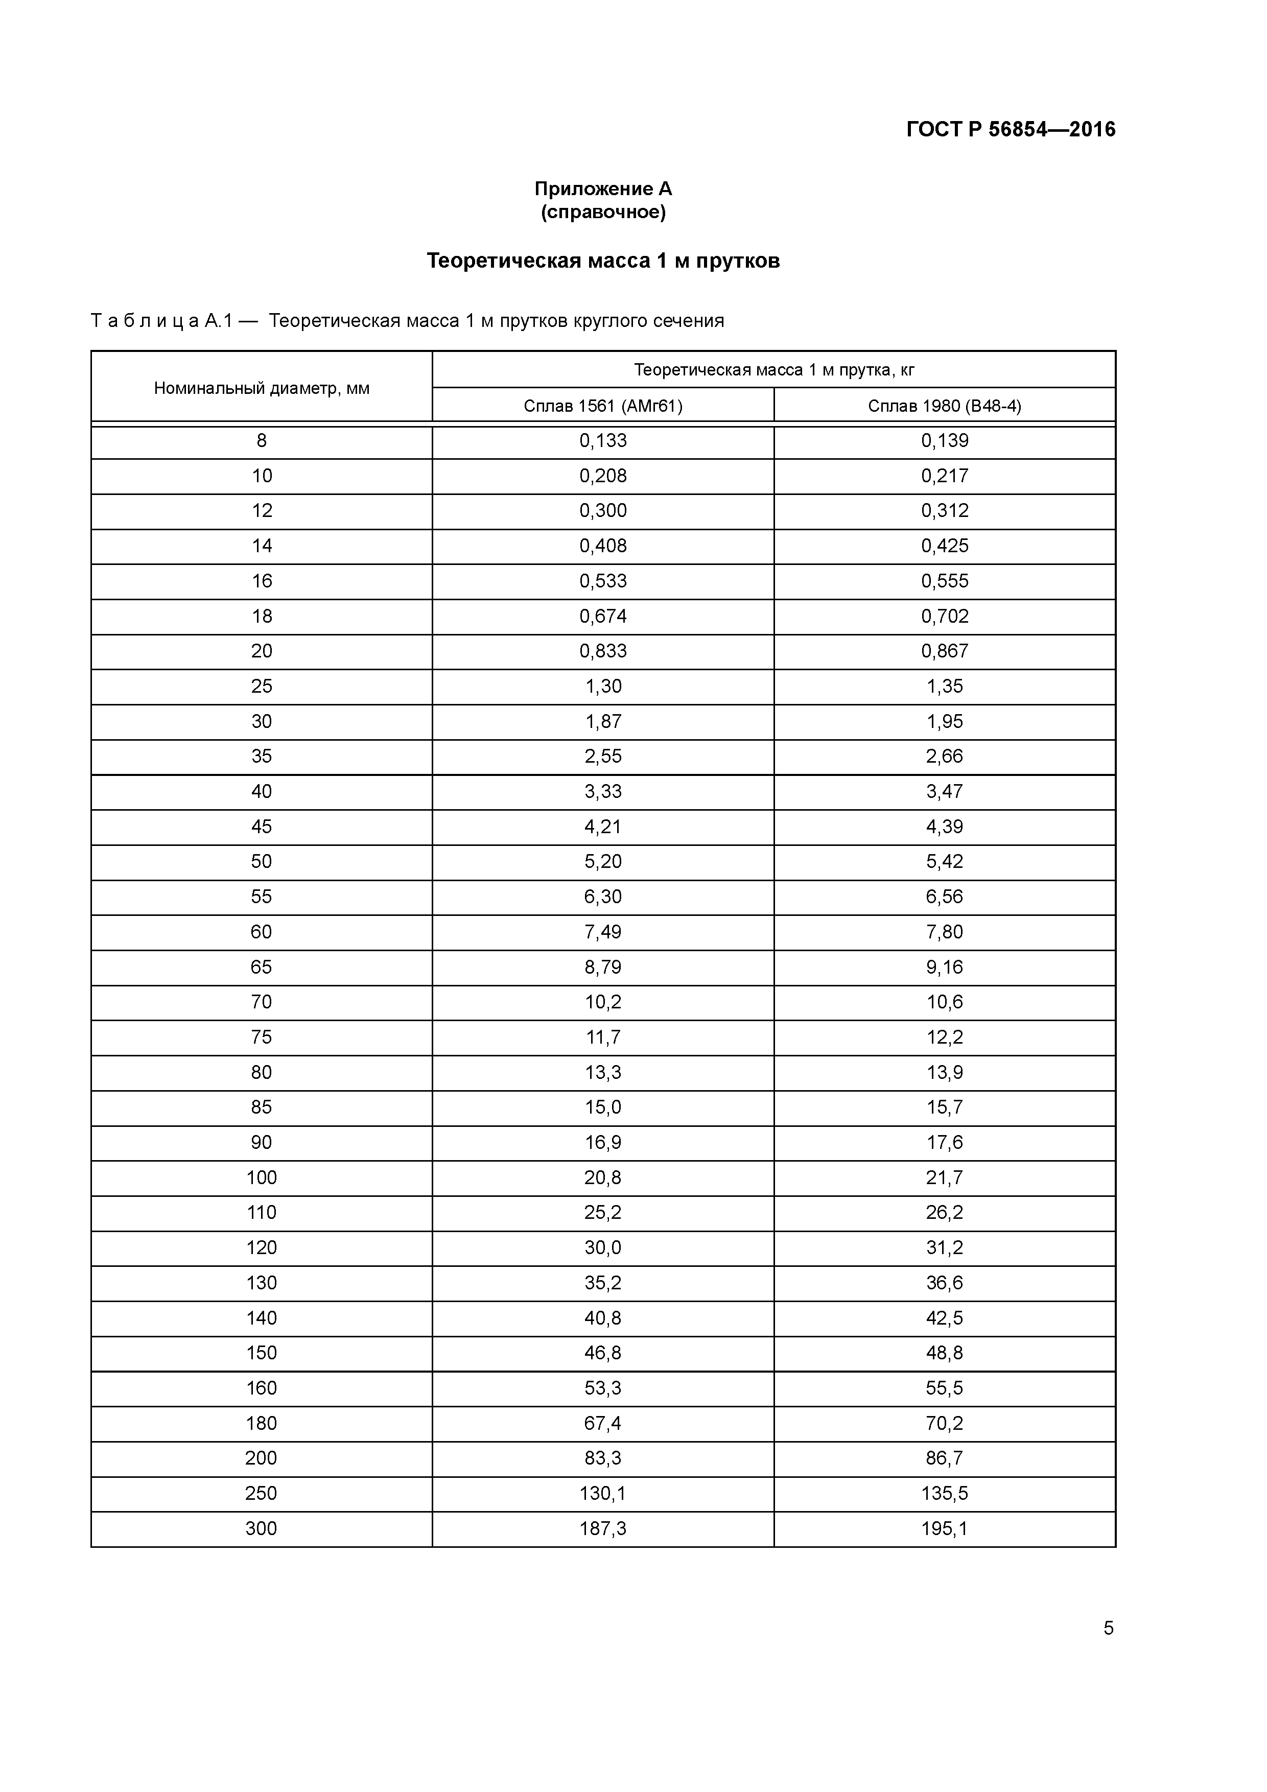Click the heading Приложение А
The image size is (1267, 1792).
[603, 189]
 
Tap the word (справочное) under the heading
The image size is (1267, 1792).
[603, 213]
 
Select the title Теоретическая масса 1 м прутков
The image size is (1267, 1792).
[603, 261]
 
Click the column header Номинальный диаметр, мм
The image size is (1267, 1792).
[262, 388]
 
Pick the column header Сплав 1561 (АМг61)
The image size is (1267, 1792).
[603, 406]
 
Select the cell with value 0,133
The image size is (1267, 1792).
[603, 441]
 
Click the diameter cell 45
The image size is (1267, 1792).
[262, 827]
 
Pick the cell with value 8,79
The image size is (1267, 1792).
[603, 967]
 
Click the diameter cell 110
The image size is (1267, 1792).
[262, 1212]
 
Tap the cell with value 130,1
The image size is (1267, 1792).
[603, 1493]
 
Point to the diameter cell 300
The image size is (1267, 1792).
[262, 1528]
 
